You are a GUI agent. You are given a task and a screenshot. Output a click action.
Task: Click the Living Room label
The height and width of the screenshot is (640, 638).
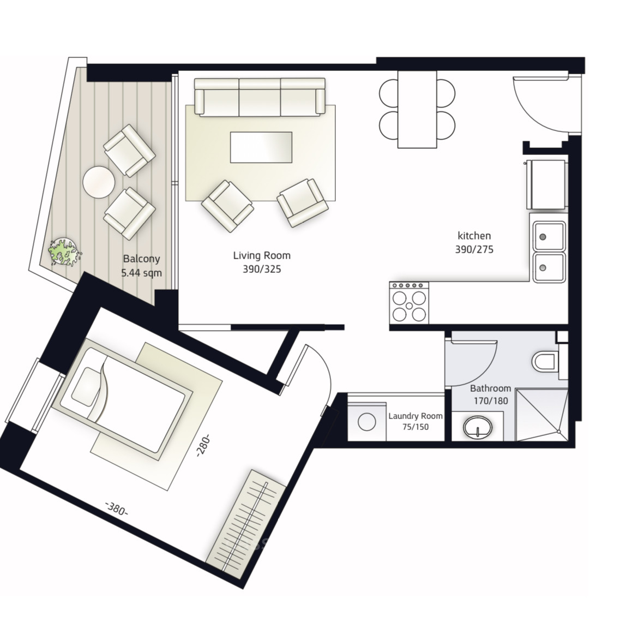pyautogui.click(x=262, y=255)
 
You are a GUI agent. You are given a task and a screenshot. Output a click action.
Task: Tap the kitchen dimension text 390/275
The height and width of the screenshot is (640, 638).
pyautogui.click(x=474, y=249)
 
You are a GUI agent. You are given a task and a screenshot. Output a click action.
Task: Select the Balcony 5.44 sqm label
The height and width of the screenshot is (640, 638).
pyautogui.click(x=141, y=266)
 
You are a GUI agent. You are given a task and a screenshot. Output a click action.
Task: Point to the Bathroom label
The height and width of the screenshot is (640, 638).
pyautogui.click(x=490, y=388)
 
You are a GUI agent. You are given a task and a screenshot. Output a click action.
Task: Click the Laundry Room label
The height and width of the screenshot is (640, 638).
pyautogui.click(x=416, y=416)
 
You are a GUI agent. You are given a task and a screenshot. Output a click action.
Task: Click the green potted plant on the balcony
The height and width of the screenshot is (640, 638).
pyautogui.click(x=64, y=252)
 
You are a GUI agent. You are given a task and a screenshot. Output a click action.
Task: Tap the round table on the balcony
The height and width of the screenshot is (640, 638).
pyautogui.click(x=99, y=182)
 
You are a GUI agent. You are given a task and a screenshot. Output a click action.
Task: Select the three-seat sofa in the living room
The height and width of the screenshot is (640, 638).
pyautogui.click(x=260, y=97)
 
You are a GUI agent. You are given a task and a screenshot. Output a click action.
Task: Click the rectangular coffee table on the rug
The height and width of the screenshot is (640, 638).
pyautogui.click(x=262, y=147)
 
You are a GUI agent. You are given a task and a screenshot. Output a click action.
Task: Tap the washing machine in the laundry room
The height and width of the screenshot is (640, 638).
pyautogui.click(x=366, y=422)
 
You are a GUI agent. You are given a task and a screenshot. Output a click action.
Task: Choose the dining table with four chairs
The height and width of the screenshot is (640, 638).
pyautogui.click(x=417, y=109)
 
